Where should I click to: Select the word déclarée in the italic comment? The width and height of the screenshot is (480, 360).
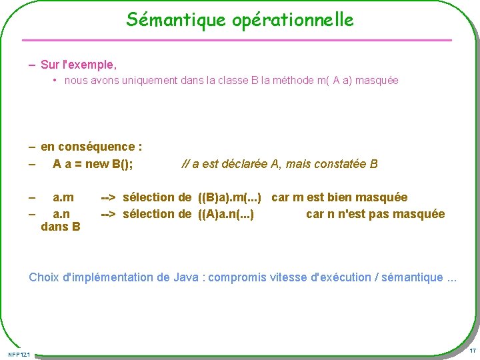pos(248,164)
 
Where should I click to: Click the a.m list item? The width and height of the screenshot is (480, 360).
pos(63,197)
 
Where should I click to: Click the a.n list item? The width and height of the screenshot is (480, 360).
pos(62,214)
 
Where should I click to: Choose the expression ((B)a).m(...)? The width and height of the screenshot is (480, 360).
pos(229,197)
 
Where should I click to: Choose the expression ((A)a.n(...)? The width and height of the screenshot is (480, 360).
pos(225,214)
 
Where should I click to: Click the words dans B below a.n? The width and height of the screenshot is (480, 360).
pos(61,227)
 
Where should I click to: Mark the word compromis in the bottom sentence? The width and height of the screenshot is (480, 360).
pos(238,277)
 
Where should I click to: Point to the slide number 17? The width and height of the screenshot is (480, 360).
pos(472,351)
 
